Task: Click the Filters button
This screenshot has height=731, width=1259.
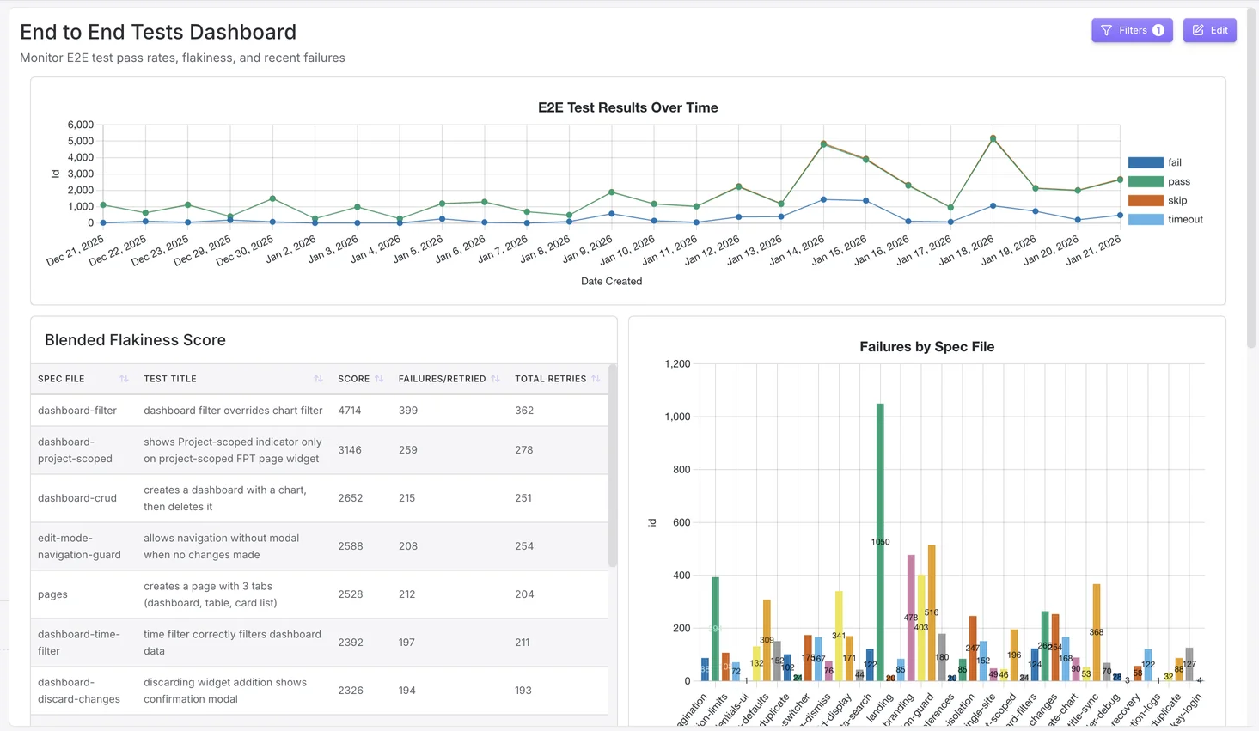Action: pyautogui.click(x=1131, y=30)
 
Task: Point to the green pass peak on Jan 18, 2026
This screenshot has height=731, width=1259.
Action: pyautogui.click(x=993, y=138)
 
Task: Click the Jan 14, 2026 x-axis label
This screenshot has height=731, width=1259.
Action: pyautogui.click(x=797, y=250)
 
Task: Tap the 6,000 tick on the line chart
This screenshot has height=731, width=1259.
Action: pyautogui.click(x=80, y=125)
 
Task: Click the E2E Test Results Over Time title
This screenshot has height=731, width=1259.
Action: pyautogui.click(x=627, y=107)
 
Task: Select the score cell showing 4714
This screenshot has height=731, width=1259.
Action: pyautogui.click(x=350, y=411)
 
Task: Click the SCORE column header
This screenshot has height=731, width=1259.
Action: pyautogui.click(x=353, y=379)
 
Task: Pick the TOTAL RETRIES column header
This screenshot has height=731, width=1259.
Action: pyautogui.click(x=550, y=379)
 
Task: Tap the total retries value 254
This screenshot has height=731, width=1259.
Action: pyautogui.click(x=524, y=546)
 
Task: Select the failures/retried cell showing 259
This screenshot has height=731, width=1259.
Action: pyautogui.click(x=407, y=450)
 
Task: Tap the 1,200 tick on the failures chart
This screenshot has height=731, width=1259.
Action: pyautogui.click(x=677, y=364)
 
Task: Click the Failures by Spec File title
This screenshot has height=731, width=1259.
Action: pyautogui.click(x=926, y=347)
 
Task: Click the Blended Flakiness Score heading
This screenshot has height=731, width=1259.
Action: pyautogui.click(x=135, y=340)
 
